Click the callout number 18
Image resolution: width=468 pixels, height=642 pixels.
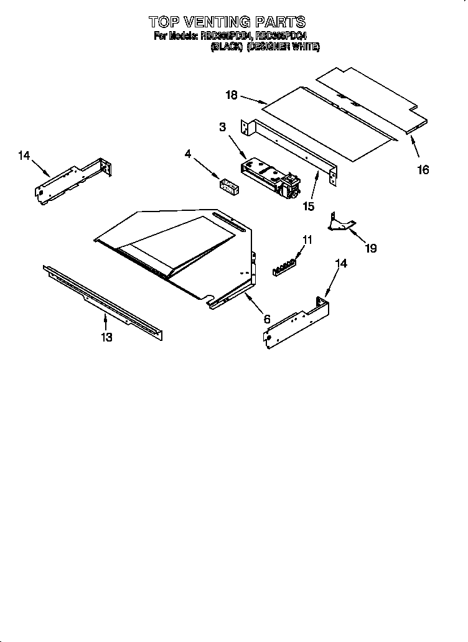coord(232,95)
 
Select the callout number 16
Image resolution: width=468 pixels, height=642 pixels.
coord(423,169)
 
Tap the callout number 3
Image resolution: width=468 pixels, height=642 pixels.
coord(222,128)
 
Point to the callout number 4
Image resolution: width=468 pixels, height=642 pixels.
coord(187,153)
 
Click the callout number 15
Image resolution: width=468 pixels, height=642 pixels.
coord(308,206)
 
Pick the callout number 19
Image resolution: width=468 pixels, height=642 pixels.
coord(370,248)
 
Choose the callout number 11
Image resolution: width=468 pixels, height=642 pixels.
coord(307,239)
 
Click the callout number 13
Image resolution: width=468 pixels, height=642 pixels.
coord(106,337)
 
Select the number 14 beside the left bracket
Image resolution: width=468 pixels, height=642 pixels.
coord(24,156)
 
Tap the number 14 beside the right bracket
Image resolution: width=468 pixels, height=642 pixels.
coord(341,263)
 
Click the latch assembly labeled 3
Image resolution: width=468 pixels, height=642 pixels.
coord(269,177)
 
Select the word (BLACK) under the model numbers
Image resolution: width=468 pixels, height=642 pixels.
coord(225,47)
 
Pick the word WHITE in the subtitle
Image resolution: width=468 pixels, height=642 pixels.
coord(306,47)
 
